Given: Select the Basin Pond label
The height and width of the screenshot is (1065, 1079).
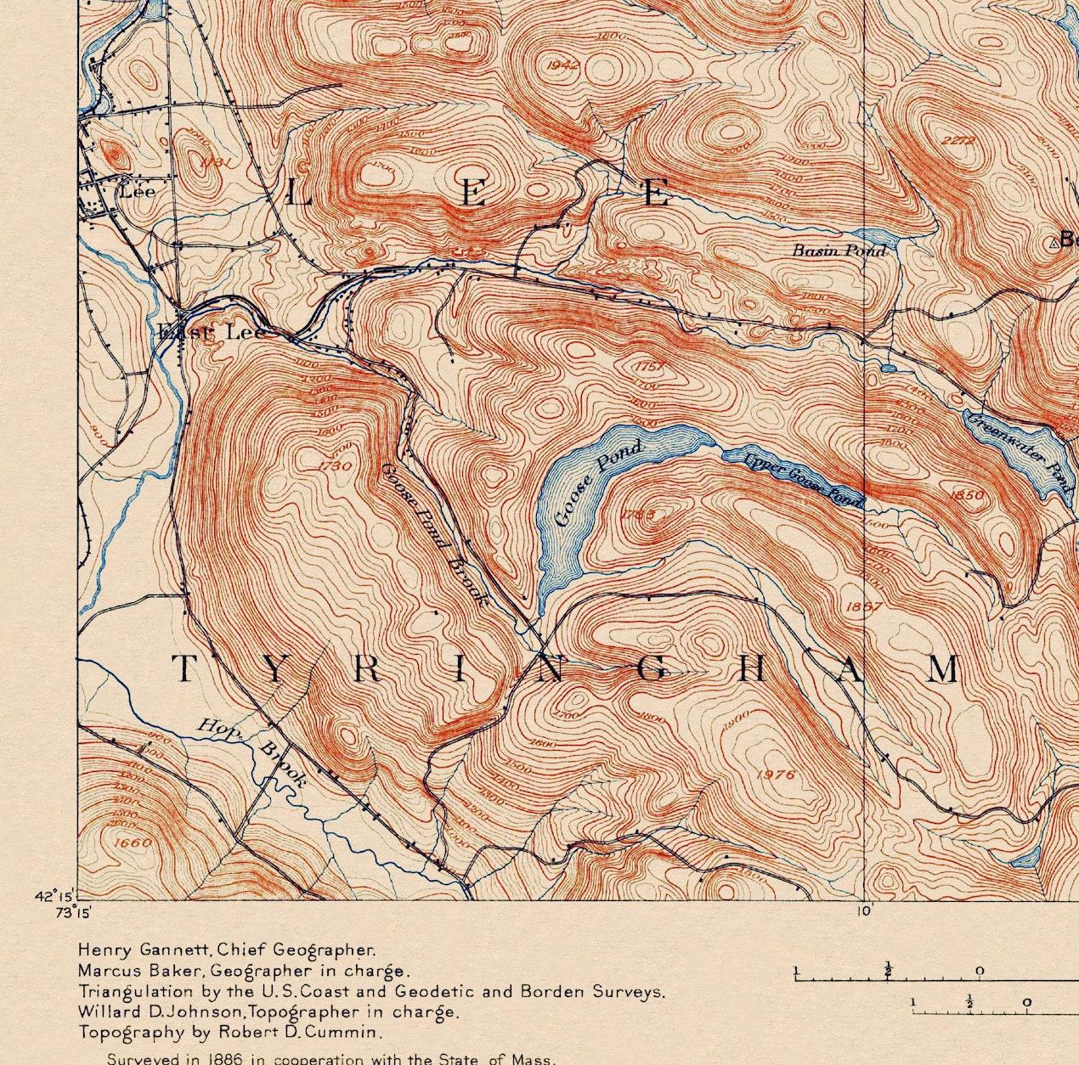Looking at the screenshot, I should coord(839,250).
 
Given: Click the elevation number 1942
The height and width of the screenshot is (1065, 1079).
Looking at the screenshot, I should coord(564,65).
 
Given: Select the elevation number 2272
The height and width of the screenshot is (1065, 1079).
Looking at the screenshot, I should coord(958,140).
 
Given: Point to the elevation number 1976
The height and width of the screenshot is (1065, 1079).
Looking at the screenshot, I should coord(774,774).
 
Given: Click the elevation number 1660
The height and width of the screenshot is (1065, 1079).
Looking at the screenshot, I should coord(133,842).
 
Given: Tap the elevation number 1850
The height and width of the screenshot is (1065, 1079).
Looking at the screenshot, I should coord(967,494).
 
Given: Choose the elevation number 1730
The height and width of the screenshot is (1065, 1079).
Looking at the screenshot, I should coord(335,465).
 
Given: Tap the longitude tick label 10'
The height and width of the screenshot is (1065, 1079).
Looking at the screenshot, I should coord(864,911).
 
